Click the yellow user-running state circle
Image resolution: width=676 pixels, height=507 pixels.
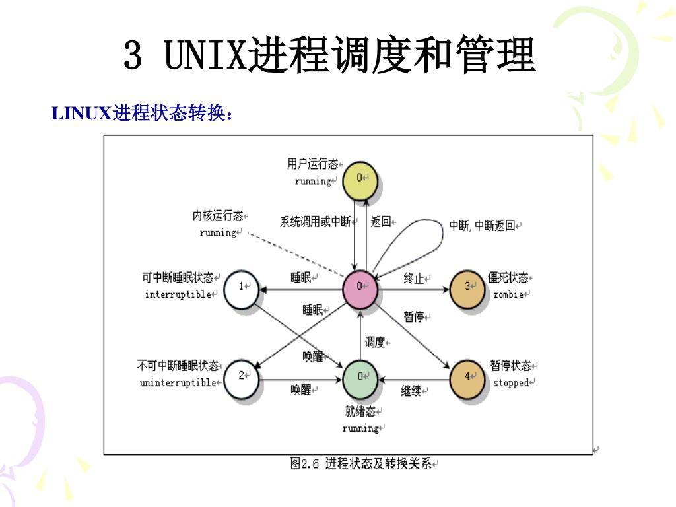[360, 178]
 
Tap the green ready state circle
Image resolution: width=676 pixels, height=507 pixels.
[360, 378]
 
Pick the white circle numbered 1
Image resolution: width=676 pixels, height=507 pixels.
[242, 288]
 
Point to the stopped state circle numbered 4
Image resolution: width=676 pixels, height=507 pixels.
[467, 378]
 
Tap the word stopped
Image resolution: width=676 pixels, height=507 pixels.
[511, 383]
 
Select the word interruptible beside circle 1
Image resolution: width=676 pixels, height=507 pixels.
[178, 294]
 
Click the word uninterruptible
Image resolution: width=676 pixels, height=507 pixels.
[178, 383]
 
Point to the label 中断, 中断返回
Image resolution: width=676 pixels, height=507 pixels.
[482, 226]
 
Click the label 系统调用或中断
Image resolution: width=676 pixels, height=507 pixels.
[315, 222]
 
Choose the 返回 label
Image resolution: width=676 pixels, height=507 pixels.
[381, 222]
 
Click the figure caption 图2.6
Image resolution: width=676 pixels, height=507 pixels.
[306, 463]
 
